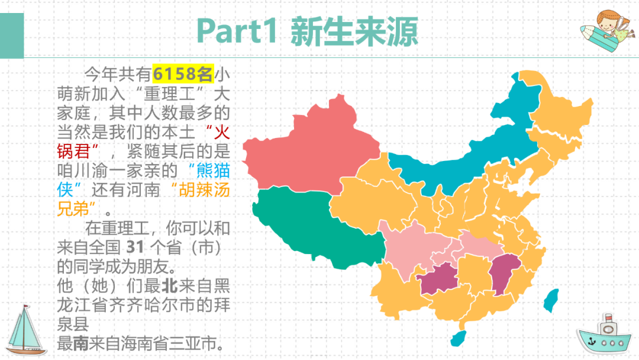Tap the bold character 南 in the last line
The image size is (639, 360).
point(81,344)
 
